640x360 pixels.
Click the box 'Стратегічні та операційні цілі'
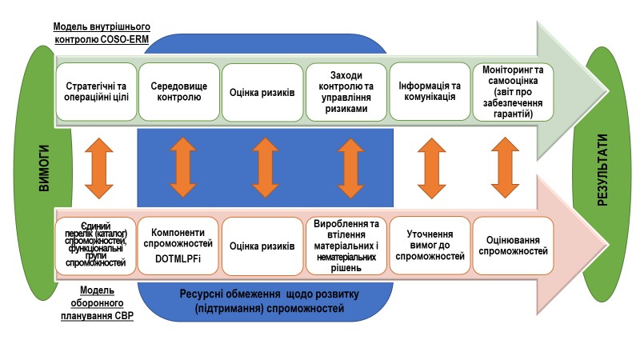[95, 92]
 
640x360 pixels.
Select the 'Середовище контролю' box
[178, 92]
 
